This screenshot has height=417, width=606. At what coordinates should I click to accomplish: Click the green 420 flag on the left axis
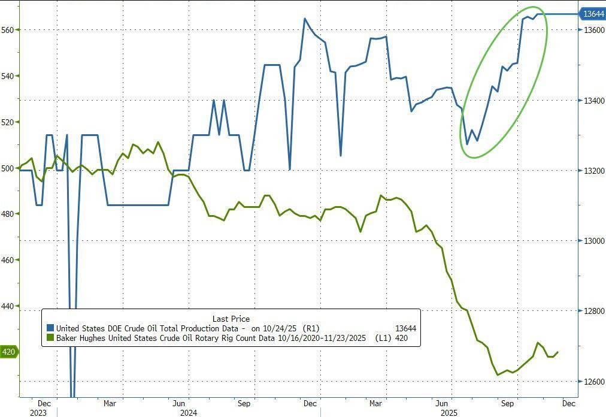8,352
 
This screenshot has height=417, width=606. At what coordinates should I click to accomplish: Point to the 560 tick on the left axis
8,29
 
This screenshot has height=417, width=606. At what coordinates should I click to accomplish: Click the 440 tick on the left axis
8,306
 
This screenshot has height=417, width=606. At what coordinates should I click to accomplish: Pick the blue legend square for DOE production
50,328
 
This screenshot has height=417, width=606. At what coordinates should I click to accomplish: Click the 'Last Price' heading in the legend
231,319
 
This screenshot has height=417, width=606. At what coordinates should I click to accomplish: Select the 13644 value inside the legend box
405,328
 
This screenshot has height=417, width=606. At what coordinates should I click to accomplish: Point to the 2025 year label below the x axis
449,412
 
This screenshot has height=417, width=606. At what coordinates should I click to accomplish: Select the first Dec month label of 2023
44,403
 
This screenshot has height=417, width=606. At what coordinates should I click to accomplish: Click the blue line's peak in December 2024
305,19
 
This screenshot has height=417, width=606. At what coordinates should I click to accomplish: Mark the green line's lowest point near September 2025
498,375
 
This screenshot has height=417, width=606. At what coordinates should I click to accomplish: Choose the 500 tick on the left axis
8,168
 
